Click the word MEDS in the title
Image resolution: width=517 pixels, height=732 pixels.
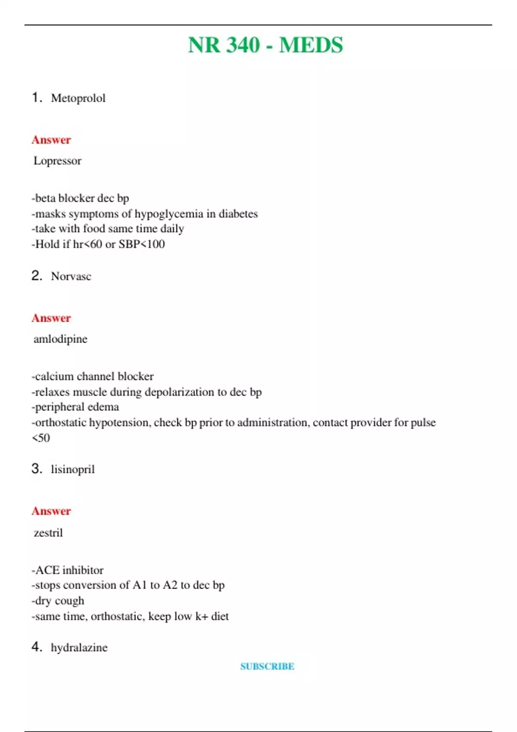click(x=311, y=45)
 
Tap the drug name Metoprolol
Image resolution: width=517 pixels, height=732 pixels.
click(x=78, y=98)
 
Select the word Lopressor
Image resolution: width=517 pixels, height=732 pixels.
click(x=57, y=161)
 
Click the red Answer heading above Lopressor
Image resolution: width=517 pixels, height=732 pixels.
click(x=51, y=140)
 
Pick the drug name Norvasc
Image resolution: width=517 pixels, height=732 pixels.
click(x=71, y=276)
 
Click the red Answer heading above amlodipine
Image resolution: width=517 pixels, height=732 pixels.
click(x=51, y=318)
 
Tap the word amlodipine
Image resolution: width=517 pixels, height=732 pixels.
click(x=60, y=339)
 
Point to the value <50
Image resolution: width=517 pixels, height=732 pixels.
click(x=41, y=438)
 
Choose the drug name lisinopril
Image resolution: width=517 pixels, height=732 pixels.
click(x=73, y=469)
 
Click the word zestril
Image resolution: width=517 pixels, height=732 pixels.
click(x=48, y=533)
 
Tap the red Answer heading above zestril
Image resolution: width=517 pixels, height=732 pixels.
click(x=51, y=511)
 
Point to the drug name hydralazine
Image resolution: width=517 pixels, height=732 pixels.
click(x=79, y=648)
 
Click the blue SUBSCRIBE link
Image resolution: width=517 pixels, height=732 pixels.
click(x=267, y=667)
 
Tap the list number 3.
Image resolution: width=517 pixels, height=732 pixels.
click(x=36, y=469)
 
